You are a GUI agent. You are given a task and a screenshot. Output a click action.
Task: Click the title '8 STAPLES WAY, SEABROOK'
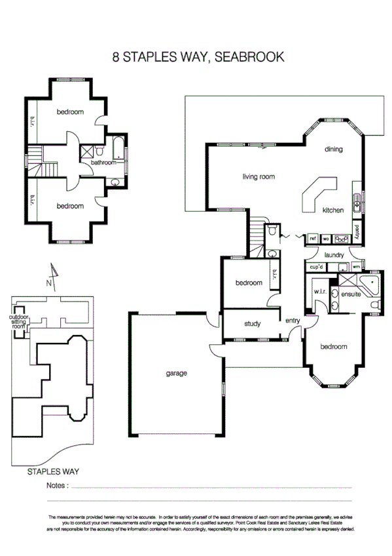point(198,57)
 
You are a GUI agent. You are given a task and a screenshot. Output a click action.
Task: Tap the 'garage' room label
point(176,373)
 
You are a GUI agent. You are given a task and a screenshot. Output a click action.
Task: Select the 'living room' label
point(258,176)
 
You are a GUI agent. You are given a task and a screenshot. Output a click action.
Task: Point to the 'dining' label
point(333,149)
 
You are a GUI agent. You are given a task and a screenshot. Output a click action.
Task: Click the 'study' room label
point(253,323)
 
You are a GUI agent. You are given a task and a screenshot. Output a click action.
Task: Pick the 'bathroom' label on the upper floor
point(103,162)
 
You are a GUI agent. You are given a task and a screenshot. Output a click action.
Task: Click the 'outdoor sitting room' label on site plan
point(18,324)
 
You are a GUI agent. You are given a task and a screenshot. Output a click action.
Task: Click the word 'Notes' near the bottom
point(57,486)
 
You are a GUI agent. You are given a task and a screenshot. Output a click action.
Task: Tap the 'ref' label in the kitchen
point(313,239)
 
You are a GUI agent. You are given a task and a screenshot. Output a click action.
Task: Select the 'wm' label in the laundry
point(357,267)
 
